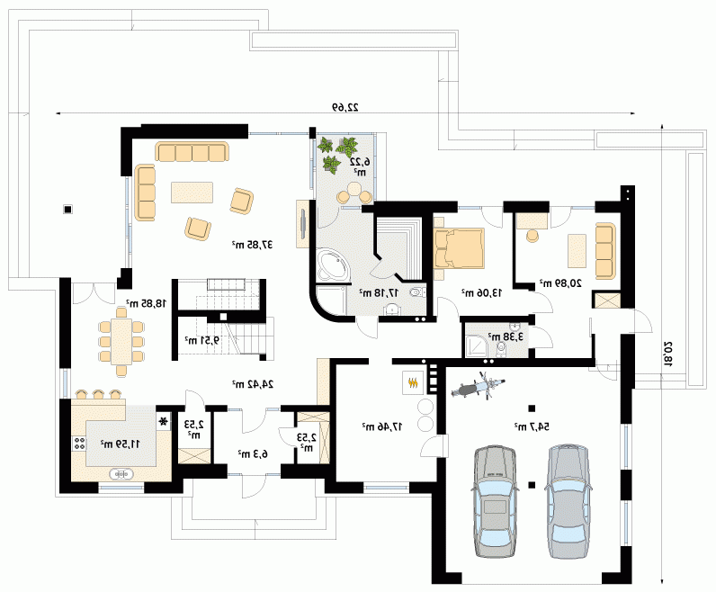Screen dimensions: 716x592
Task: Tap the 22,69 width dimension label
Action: coord(345,107)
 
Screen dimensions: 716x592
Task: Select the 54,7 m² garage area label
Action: coord(532,426)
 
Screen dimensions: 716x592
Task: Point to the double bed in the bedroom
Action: coord(459,248)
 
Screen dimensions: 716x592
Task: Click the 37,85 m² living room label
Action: coord(253,245)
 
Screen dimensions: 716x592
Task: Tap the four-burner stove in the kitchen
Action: coord(79,443)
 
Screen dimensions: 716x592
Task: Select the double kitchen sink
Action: coord(121,475)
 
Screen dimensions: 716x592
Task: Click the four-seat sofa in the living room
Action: coord(192,151)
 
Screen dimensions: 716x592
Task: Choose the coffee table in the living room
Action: coord(192,193)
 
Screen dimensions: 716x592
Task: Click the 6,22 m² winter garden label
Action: coord(360,166)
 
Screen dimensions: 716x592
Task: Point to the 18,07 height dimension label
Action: coord(668,354)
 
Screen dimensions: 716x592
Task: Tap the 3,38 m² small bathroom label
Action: coord(506,336)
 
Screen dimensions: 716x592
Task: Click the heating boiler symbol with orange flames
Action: coord(413,382)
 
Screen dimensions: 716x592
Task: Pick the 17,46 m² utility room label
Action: coord(382,426)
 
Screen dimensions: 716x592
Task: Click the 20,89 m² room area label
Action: coord(560,283)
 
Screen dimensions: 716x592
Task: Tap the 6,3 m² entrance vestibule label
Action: coord(253,453)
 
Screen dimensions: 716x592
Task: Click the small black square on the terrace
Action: coord(67,210)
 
